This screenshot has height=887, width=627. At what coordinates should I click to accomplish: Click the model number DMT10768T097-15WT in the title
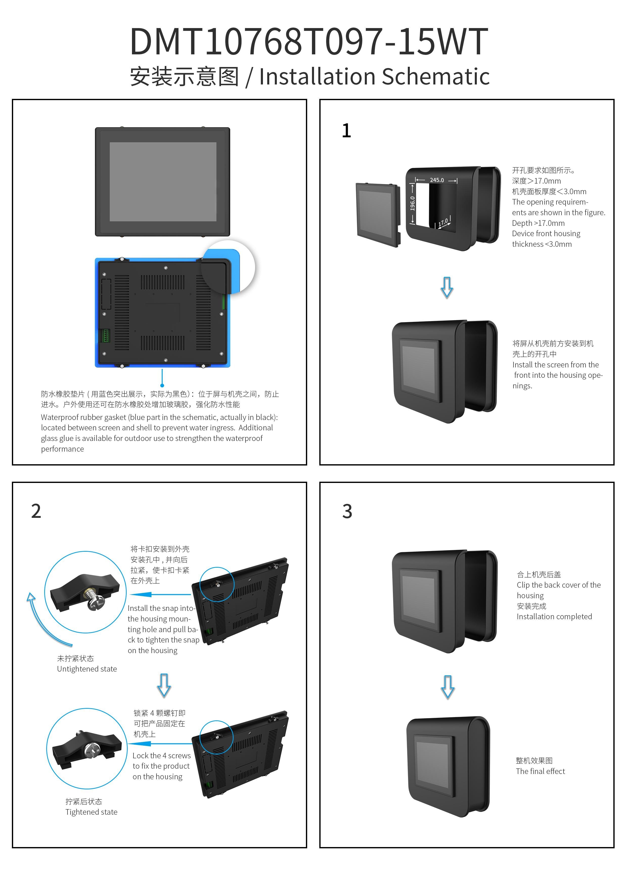pos(309,42)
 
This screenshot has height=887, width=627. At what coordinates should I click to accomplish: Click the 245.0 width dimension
pos(437,180)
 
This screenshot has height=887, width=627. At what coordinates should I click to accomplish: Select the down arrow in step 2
pos(164,685)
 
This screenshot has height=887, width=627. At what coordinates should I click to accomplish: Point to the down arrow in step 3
pos(448,687)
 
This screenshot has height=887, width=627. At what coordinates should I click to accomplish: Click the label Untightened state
pos(87,669)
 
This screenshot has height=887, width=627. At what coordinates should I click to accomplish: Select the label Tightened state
pos(91,812)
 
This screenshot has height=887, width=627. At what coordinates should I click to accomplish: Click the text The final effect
pos(540,771)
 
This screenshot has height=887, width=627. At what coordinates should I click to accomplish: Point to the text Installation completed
pos(554,616)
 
